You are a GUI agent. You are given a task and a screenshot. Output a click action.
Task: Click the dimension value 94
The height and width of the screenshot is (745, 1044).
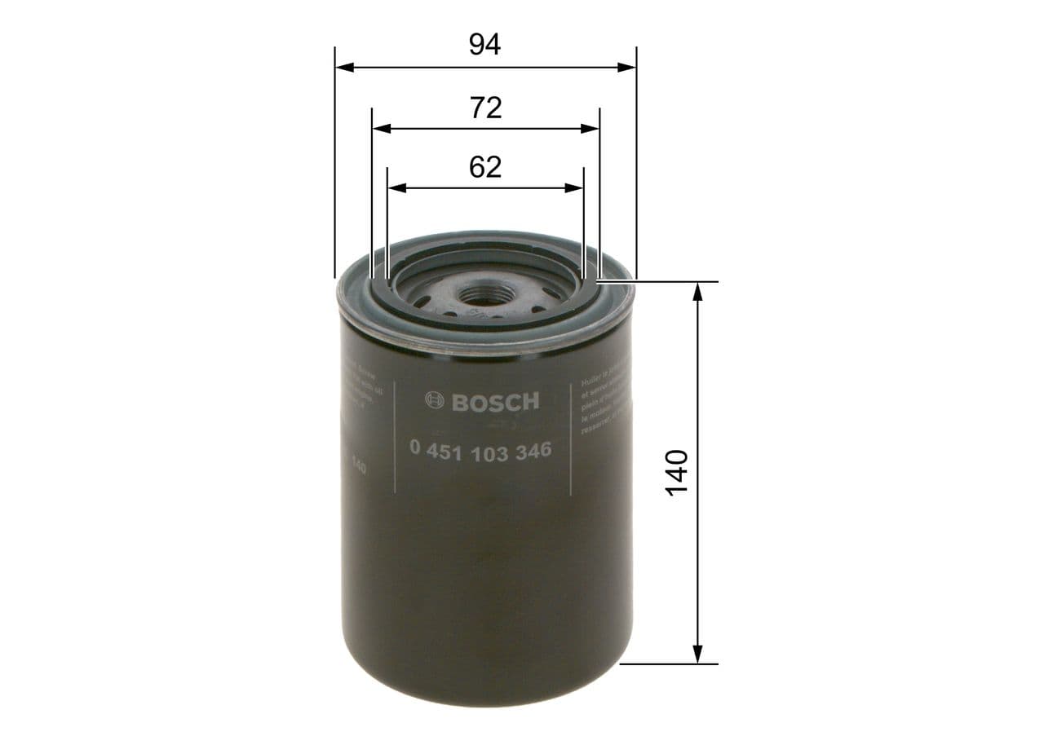pos(484,44)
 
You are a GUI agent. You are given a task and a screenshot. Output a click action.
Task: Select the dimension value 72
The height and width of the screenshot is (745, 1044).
pos(485,107)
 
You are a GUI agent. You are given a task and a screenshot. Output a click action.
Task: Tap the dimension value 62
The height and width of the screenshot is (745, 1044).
pos(485,167)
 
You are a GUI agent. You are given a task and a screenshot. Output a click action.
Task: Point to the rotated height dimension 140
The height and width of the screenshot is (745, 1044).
pos(676,472)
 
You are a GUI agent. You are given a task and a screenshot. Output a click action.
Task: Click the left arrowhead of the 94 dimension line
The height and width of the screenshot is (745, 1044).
pos(343,67)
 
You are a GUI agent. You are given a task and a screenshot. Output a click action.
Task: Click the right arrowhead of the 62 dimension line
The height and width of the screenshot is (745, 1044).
pos(575,188)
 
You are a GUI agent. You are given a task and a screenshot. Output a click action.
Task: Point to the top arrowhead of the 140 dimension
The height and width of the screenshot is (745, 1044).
pos(697,291)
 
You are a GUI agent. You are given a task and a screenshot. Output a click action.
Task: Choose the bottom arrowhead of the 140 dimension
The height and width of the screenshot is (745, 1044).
pos(697,654)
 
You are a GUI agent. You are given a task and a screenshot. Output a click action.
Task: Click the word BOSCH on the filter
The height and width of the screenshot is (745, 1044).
pos(495,401)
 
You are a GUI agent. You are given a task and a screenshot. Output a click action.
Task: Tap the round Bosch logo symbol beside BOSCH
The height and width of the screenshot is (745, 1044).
pos(436,400)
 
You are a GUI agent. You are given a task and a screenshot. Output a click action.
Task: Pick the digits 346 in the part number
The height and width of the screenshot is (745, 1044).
pos(532,452)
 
